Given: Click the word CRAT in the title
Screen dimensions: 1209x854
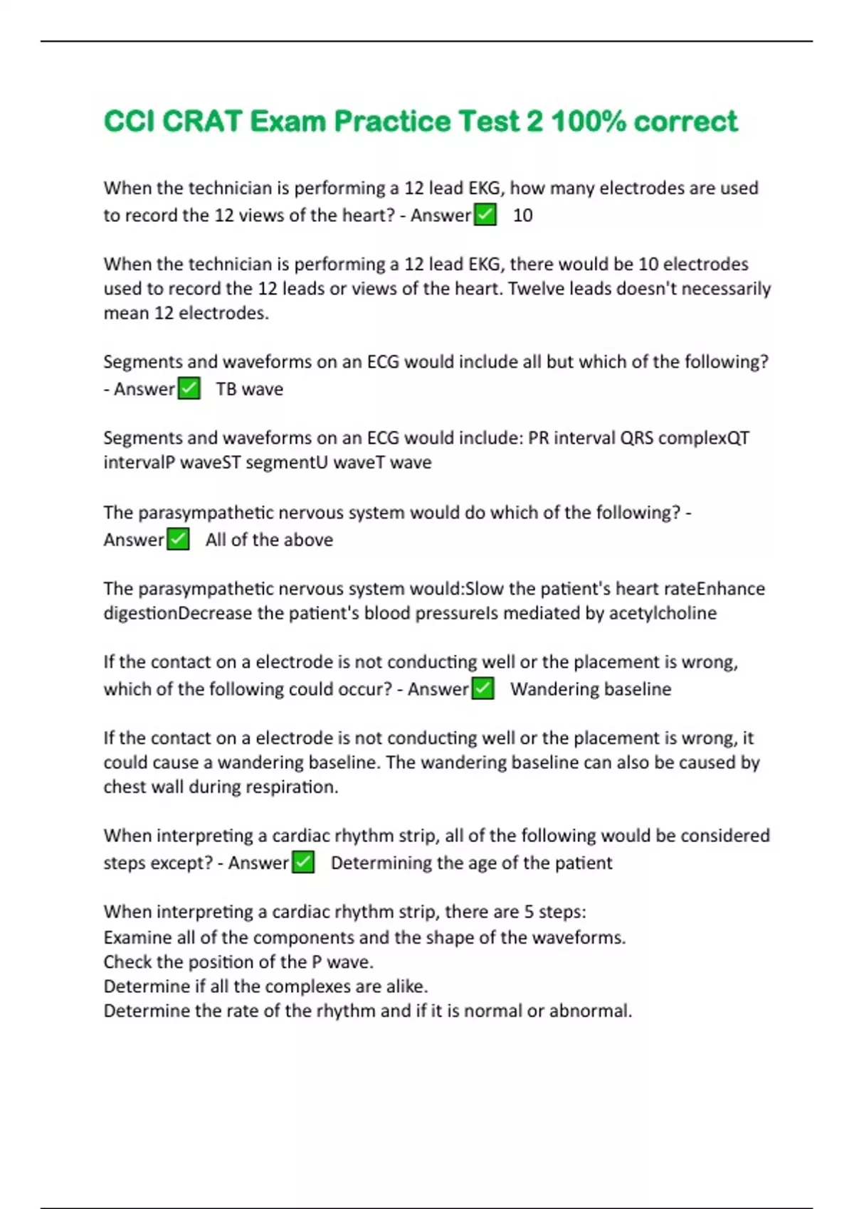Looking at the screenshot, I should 202,122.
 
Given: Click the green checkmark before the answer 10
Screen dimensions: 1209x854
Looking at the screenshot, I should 485,215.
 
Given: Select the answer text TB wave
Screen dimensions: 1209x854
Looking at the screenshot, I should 249,389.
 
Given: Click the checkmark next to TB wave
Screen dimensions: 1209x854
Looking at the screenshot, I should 189,389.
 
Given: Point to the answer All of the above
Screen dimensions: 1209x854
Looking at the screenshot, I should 269,540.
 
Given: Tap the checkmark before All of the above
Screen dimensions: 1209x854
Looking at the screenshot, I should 178,540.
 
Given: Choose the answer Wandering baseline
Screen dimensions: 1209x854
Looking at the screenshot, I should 590,689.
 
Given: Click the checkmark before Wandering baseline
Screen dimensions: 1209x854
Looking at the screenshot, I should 483,689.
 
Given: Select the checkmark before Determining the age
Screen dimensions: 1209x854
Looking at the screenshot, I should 303,863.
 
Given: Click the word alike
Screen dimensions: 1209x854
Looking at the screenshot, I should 407,986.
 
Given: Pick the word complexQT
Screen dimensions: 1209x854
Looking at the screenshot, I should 704,437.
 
